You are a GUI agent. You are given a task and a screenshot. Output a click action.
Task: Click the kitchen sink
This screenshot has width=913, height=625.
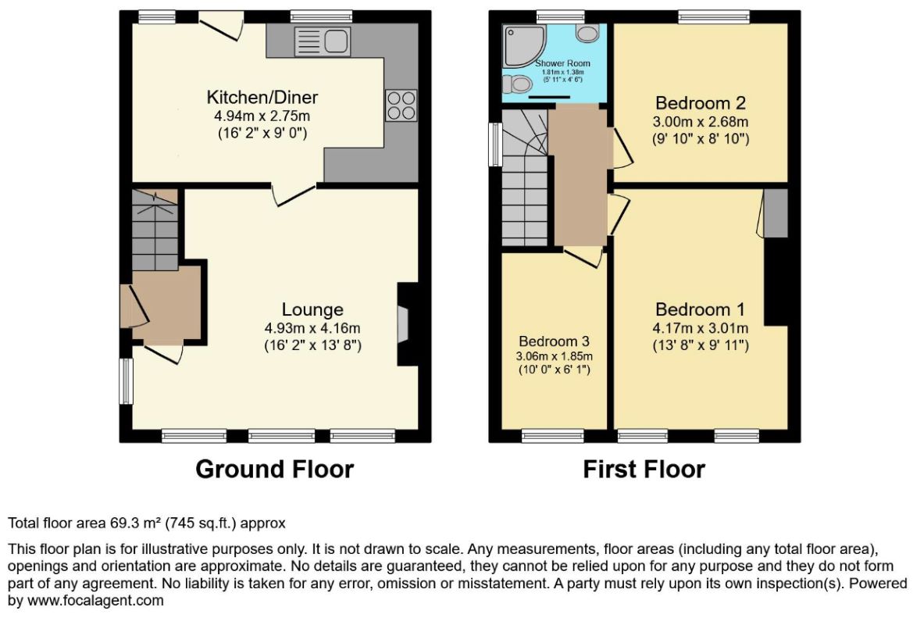323,41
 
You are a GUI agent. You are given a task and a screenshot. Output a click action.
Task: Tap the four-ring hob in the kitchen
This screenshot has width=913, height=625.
401,105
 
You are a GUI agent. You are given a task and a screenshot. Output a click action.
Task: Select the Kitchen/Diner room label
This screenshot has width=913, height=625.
262,97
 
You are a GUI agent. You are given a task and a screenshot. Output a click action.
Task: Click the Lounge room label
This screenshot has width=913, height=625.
312,309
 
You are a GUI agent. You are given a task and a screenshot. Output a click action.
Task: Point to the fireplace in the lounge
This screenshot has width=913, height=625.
403,324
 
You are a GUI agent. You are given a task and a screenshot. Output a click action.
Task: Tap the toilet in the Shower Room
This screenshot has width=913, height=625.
587,33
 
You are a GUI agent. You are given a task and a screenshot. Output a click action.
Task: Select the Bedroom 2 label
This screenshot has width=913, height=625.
701,103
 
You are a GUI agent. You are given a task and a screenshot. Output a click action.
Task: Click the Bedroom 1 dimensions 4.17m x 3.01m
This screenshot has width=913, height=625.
701,328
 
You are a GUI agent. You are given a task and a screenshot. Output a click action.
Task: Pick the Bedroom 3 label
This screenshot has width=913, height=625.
555,341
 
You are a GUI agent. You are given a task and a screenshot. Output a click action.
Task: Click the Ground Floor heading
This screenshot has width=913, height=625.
275,469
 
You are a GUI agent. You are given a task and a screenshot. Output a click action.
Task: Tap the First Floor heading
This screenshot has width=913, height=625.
644,469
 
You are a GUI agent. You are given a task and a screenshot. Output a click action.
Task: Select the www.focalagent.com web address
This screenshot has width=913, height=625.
95,601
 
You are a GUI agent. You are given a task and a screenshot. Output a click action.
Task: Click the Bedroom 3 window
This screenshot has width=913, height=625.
553,436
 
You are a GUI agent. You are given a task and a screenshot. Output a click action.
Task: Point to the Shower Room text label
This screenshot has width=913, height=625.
562,63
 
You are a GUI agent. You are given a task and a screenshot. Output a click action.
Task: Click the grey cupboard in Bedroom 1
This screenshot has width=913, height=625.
776,212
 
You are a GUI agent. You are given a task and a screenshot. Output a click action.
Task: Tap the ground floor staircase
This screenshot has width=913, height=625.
155,230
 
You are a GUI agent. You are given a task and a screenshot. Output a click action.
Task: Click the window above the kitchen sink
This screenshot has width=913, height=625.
322,17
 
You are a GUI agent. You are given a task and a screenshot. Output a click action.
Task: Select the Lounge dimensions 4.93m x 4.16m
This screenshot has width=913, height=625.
312,328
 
